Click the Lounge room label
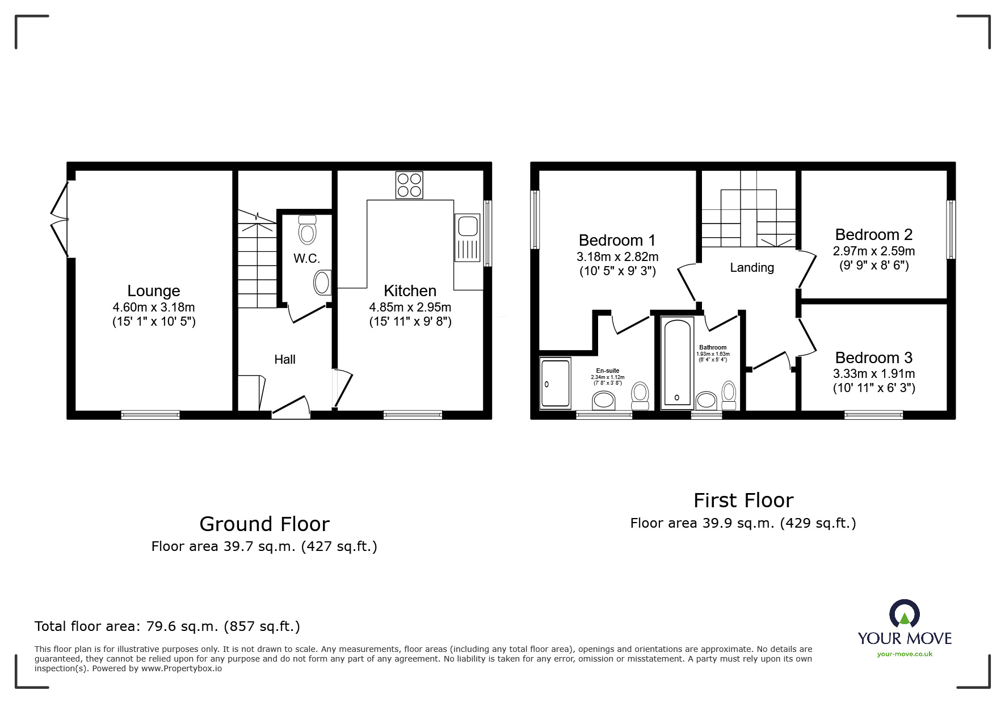(154, 291)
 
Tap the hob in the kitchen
(409, 185)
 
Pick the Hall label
(285, 359)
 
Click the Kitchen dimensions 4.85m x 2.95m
(410, 308)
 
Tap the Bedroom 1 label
(617, 241)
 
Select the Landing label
(752, 267)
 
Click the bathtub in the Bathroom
(678, 363)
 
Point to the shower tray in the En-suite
(555, 383)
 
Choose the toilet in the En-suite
(640, 395)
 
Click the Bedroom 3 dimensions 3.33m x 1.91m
(874, 374)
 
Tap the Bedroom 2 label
(874, 235)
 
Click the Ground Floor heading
(264, 524)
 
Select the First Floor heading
(743, 500)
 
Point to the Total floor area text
(167, 626)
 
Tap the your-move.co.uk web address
(905, 654)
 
